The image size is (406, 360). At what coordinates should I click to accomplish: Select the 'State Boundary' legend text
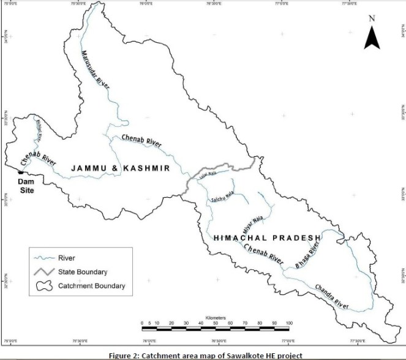pyautogui.click(x=83, y=272)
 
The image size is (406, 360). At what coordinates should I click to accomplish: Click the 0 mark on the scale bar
pyautogui.click(x=141, y=323)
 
